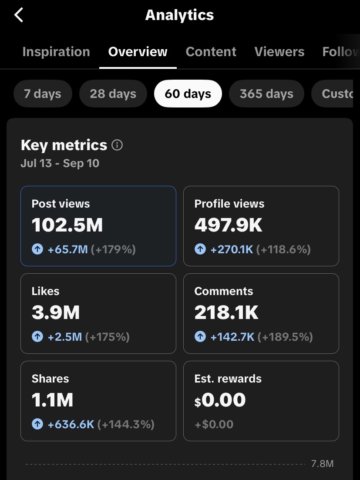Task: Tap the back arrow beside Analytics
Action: (19, 15)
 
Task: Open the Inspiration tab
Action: (56, 52)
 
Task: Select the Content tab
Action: (211, 52)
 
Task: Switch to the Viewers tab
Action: (279, 52)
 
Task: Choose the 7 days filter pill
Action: (43, 94)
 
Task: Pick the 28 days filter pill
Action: (113, 94)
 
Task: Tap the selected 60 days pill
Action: (188, 94)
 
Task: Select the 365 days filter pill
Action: (267, 94)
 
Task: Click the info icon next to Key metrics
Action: (117, 145)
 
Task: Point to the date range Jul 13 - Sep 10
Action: (60, 163)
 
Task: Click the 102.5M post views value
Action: (67, 225)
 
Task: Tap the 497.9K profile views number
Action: (229, 225)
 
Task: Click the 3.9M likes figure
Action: (55, 312)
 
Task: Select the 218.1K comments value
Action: (226, 312)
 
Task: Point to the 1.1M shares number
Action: (52, 400)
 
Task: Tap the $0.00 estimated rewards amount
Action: (220, 400)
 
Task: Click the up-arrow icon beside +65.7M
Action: (37, 249)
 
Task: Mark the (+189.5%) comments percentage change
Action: (285, 337)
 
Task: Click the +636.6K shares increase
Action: (71, 424)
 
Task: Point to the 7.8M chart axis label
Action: (323, 464)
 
